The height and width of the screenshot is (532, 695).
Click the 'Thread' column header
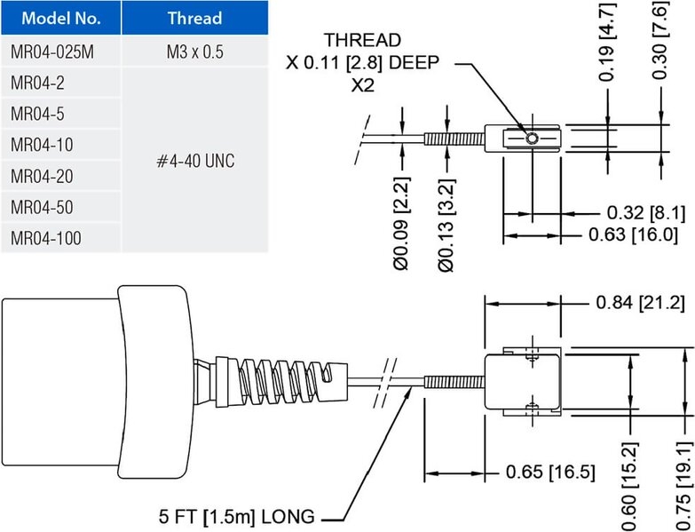[x=194, y=18]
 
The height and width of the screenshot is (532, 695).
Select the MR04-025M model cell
[x=52, y=52]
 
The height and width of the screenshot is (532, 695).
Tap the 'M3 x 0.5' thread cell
[x=194, y=52]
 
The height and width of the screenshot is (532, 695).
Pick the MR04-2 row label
[x=37, y=83]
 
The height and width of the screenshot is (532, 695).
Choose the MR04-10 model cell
[x=41, y=145]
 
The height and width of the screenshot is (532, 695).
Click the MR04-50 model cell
[x=41, y=207]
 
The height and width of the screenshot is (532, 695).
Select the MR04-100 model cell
[x=44, y=238]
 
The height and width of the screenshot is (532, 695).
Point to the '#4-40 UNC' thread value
[x=194, y=161]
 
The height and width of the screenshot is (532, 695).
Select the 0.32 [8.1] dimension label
[x=645, y=213]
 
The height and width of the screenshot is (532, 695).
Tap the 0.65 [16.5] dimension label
[x=551, y=471]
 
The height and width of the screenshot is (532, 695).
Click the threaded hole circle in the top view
[x=530, y=139]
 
